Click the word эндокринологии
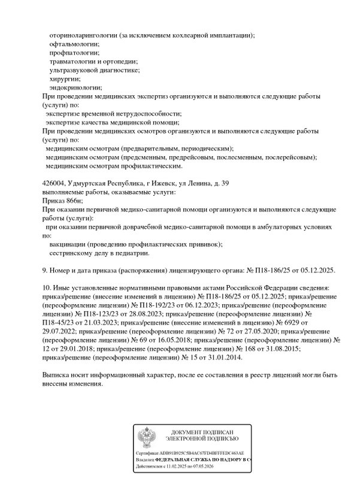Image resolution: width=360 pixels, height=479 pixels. coord(75,87)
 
